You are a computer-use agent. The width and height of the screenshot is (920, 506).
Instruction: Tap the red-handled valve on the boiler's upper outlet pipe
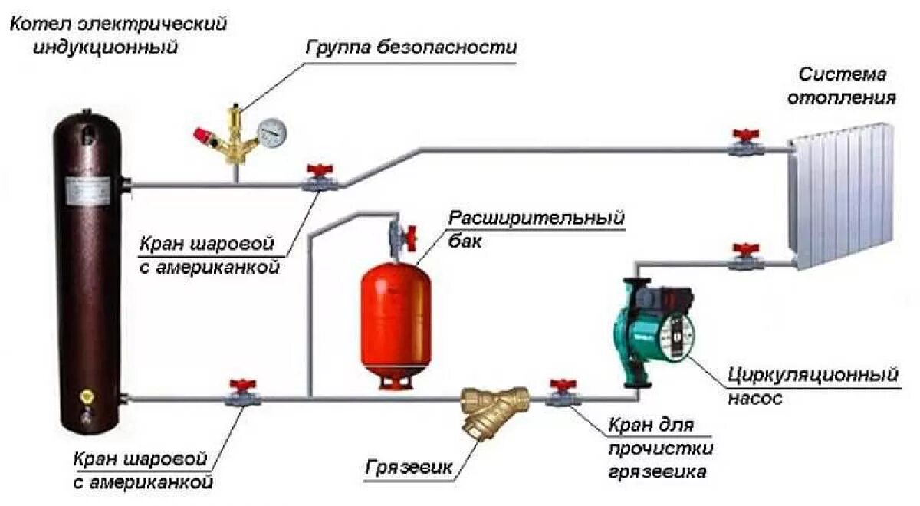click(317, 179)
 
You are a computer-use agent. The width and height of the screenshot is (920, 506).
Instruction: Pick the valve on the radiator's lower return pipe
click(744, 258)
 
